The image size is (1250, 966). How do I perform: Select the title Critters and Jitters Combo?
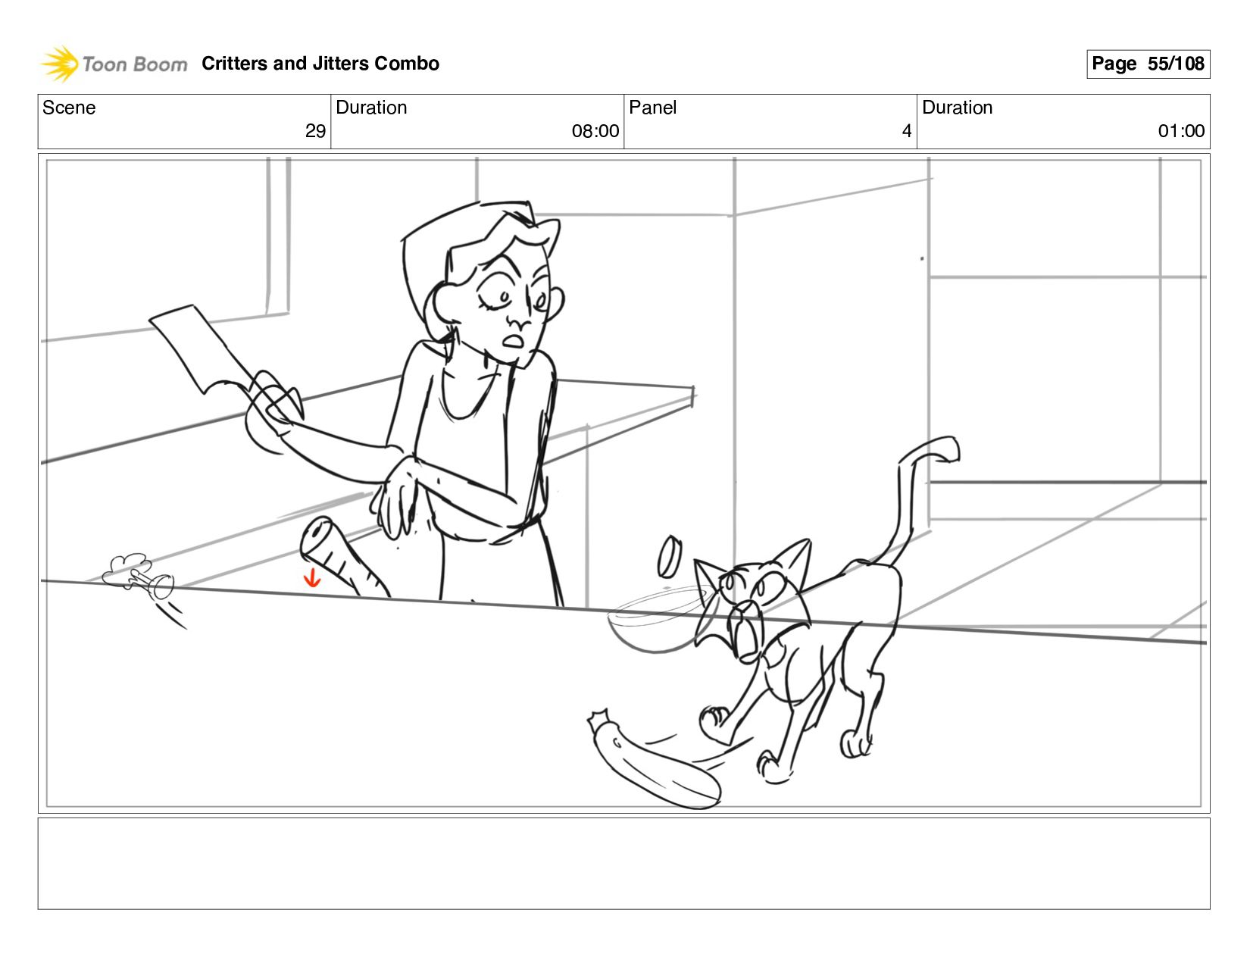(320, 64)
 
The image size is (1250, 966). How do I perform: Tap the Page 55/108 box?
(1148, 64)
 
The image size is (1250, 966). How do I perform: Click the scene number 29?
(315, 131)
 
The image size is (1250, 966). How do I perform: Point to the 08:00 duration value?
(595, 131)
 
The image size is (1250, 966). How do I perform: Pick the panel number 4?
(907, 131)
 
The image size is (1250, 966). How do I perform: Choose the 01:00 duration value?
(1181, 131)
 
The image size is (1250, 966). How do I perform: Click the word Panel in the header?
(652, 108)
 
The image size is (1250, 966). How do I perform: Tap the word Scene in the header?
(69, 108)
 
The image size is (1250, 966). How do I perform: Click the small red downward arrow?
(312, 577)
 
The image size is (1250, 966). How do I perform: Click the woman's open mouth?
(513, 341)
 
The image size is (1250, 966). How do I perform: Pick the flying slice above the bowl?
(670, 556)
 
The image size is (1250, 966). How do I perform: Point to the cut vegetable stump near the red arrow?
(342, 557)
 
